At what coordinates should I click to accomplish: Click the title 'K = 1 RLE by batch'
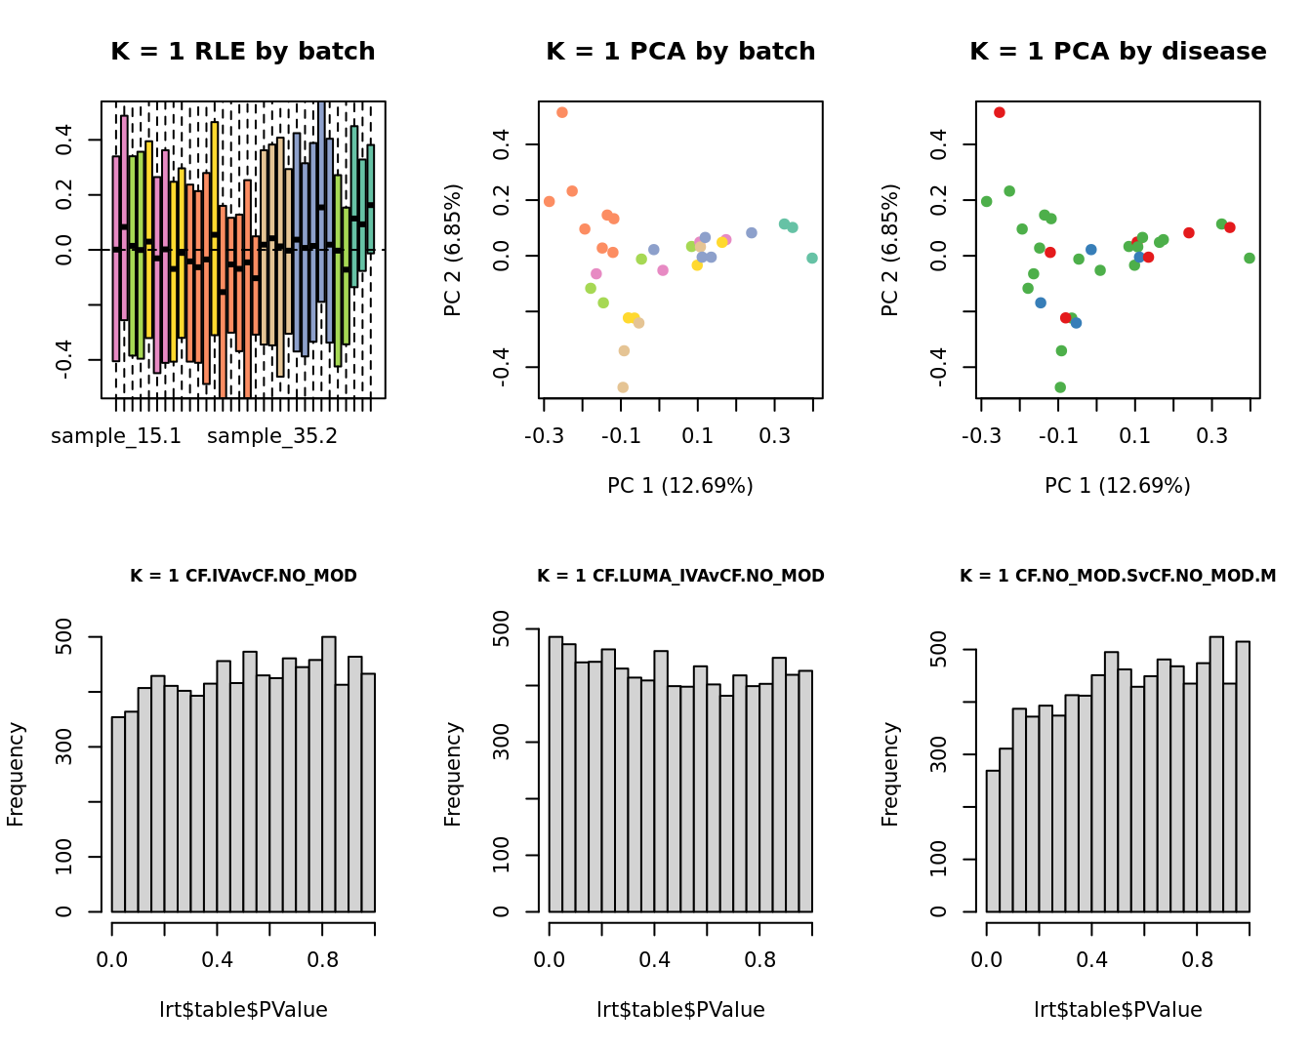pyautogui.click(x=242, y=52)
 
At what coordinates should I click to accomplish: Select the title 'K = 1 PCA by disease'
pyautogui.click(x=1118, y=52)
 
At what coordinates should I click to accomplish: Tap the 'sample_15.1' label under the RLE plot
pyautogui.click(x=116, y=436)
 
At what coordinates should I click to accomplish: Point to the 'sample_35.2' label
pyautogui.click(x=272, y=436)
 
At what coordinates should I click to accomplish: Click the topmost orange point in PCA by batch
pyautogui.click(x=562, y=113)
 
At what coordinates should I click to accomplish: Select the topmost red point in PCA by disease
pyautogui.click(x=1000, y=113)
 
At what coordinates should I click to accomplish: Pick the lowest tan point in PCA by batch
pyautogui.click(x=623, y=387)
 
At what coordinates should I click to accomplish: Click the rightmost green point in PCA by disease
pyautogui.click(x=1250, y=259)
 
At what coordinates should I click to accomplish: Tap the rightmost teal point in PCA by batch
pyautogui.click(x=812, y=259)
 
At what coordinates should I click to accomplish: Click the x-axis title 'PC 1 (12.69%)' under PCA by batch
pyautogui.click(x=680, y=486)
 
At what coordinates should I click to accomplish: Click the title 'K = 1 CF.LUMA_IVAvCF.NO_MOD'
pyautogui.click(x=680, y=576)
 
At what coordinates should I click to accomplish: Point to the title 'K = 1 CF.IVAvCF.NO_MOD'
pyautogui.click(x=243, y=576)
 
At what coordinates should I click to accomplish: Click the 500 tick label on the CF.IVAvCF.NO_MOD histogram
pyautogui.click(x=65, y=637)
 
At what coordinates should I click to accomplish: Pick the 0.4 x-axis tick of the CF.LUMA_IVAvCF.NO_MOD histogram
pyautogui.click(x=654, y=960)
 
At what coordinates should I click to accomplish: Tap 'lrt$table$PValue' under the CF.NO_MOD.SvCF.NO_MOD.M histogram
pyautogui.click(x=1118, y=1010)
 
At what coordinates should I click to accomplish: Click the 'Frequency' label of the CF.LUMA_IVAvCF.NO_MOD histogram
pyautogui.click(x=453, y=774)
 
